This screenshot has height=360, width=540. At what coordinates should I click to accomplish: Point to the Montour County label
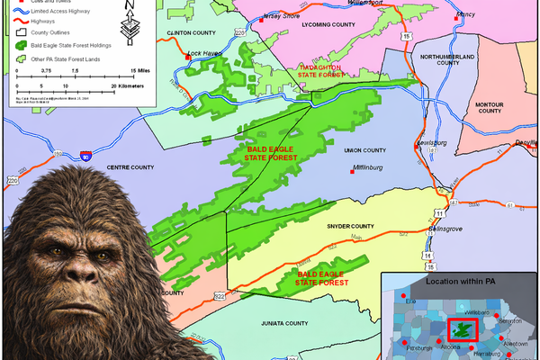[x=489, y=106]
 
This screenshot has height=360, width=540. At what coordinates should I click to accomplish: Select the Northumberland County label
[x=436, y=59]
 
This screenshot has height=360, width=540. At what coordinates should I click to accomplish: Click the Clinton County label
[x=193, y=33]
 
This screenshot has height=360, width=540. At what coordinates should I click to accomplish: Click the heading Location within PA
[x=460, y=283]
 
